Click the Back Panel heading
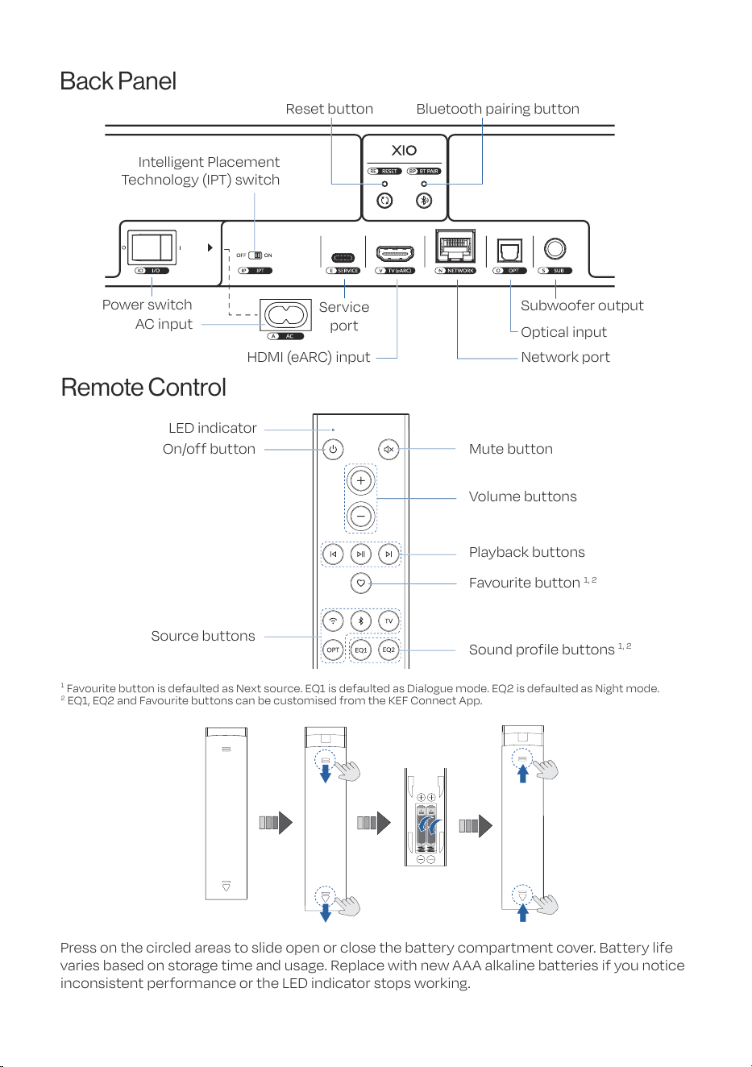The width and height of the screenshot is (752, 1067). [x=118, y=81]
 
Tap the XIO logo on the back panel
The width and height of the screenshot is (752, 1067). [x=404, y=151]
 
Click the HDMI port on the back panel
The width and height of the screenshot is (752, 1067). [x=395, y=253]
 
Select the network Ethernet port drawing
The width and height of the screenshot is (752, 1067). [x=455, y=246]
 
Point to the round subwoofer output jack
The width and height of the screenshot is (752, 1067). [x=555, y=249]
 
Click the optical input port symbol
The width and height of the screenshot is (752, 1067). [x=509, y=251]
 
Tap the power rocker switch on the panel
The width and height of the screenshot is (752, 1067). [x=152, y=247]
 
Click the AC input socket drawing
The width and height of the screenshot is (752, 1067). [x=285, y=315]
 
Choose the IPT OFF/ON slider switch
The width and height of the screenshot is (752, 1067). [x=256, y=255]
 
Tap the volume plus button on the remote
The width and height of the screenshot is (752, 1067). [x=361, y=480]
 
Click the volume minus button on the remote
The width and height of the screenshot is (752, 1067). [x=361, y=516]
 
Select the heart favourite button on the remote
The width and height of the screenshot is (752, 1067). [x=361, y=583]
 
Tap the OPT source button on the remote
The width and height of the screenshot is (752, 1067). [x=333, y=650]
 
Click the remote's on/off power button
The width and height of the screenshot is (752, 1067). [x=333, y=449]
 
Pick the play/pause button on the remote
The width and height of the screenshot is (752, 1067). [x=361, y=554]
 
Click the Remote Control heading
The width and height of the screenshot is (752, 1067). [x=143, y=388]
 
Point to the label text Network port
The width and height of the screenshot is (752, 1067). [x=565, y=357]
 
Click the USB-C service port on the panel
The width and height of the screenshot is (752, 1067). [x=343, y=258]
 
